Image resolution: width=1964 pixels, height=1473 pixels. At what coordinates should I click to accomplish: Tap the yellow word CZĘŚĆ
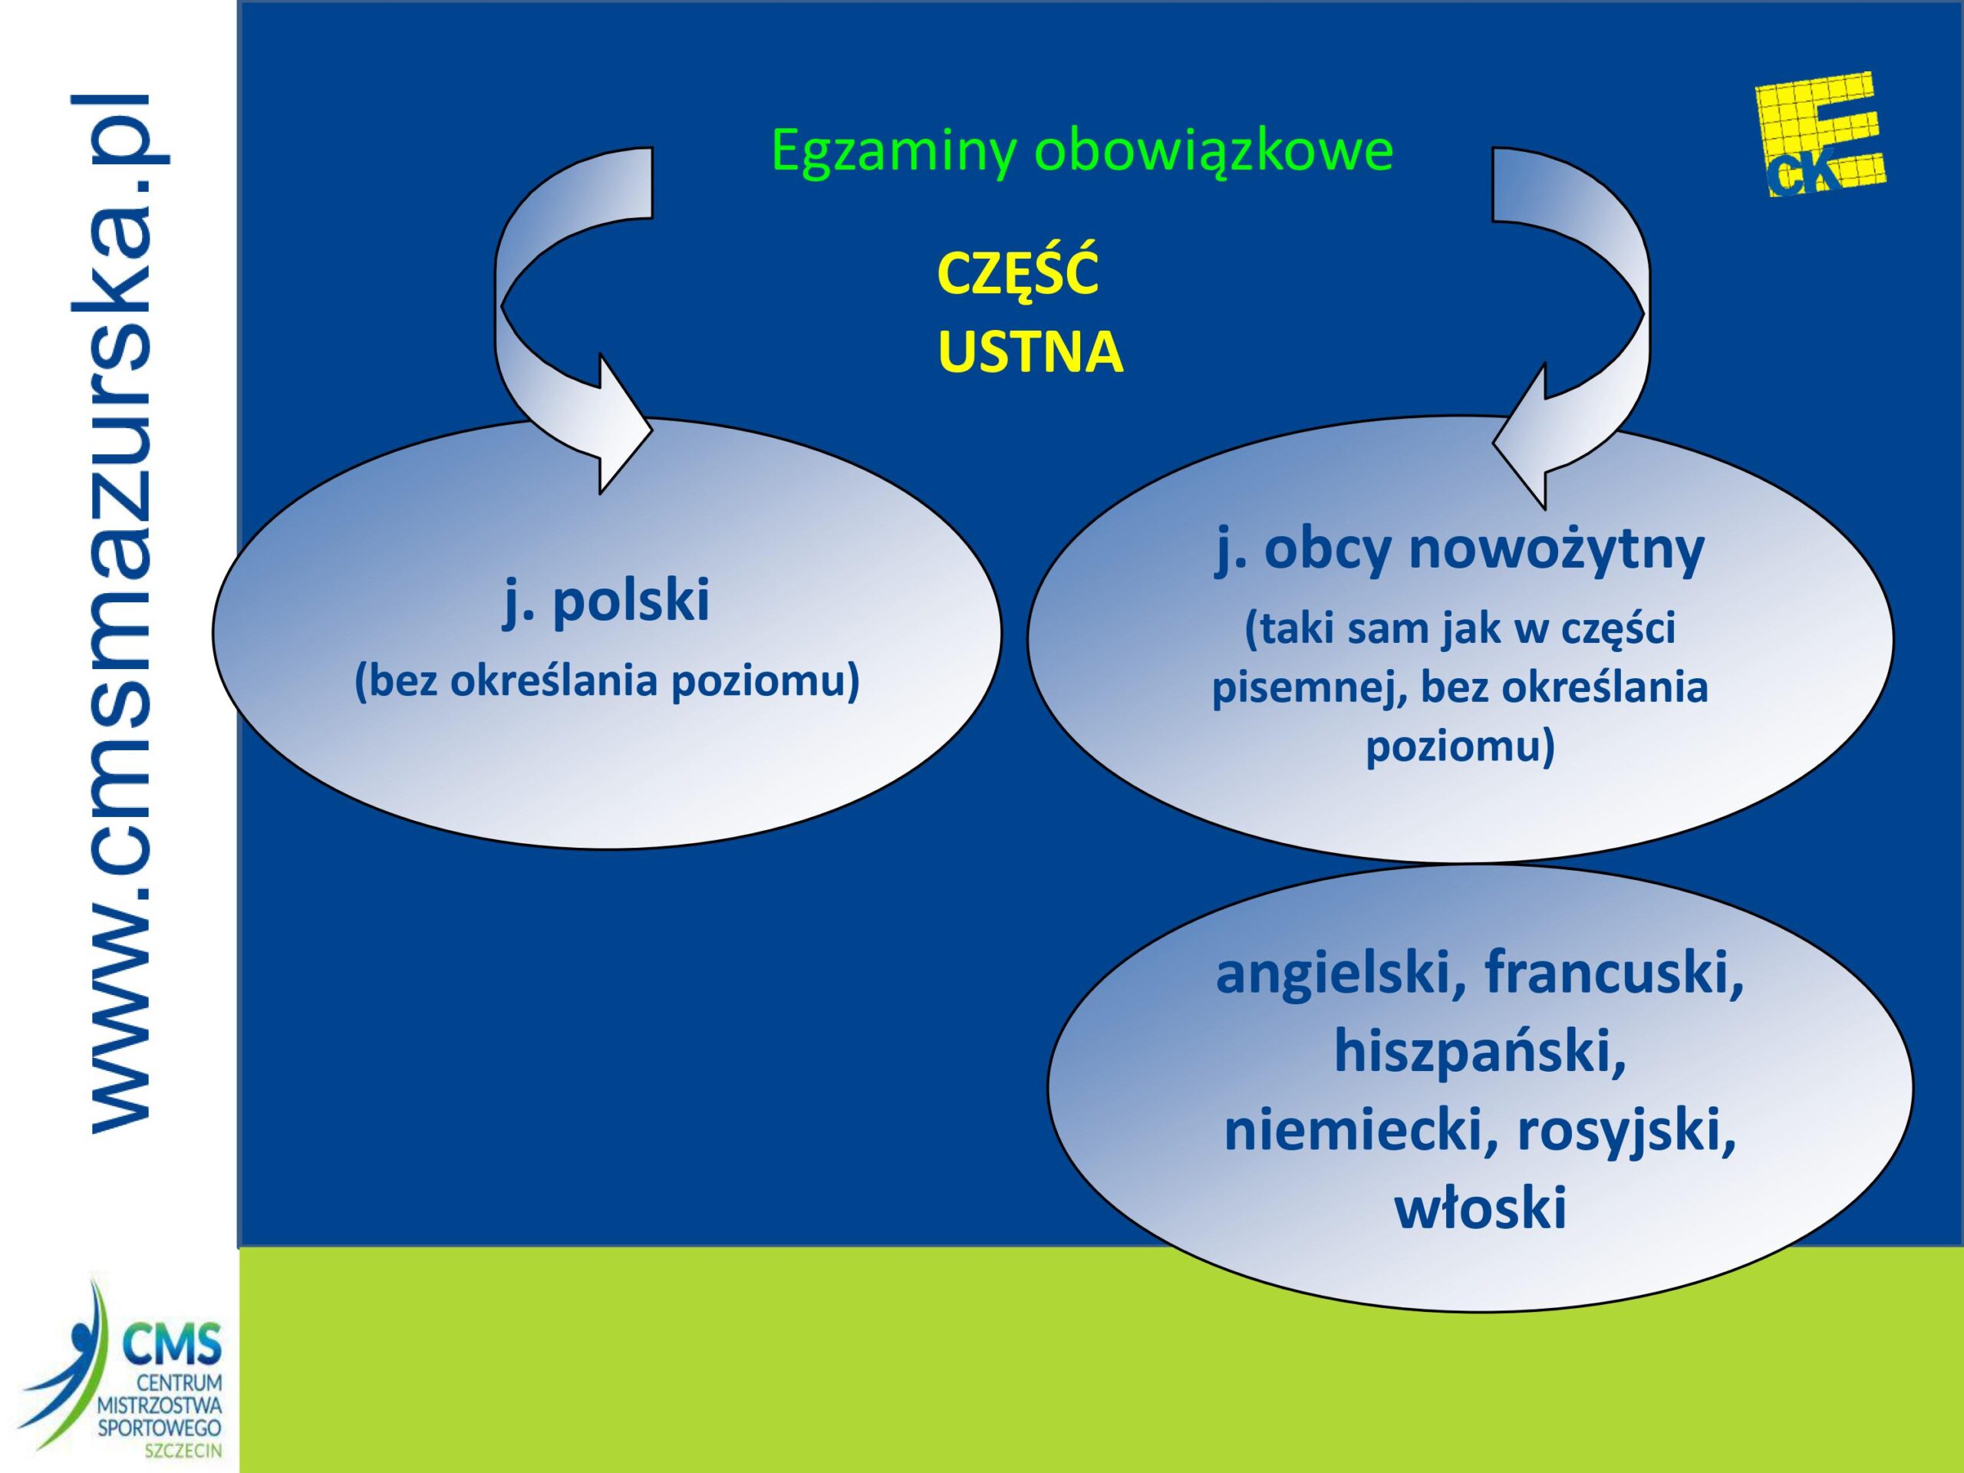[x=1017, y=275]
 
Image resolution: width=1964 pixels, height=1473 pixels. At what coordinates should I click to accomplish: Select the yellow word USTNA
[x=1030, y=351]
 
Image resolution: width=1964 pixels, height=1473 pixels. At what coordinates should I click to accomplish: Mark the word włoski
[x=1480, y=1210]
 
